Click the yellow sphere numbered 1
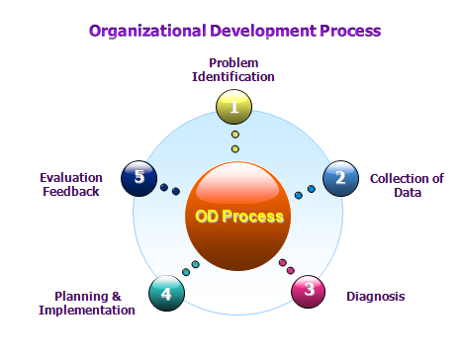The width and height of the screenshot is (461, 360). coord(234,104)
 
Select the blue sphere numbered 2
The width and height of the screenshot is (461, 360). coord(340,178)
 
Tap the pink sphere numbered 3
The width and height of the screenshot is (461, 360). coord(309,290)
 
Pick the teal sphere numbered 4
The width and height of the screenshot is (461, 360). coord(165,293)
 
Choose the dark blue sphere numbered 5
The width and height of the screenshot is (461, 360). coord(138,178)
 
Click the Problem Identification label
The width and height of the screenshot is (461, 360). coord(234,69)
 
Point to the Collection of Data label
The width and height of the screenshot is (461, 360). coord(406,185)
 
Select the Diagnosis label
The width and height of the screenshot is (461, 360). coord(375,296)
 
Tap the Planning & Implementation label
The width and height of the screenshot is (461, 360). coord(87,303)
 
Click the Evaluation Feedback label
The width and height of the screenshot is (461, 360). coord(71,185)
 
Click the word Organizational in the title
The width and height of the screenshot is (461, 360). coord(145,30)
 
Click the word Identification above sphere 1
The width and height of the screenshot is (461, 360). coord(234,76)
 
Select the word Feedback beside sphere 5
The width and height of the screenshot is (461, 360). coord(71,192)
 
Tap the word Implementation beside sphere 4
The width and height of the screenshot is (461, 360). coord(87,310)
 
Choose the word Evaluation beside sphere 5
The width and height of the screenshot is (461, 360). coord(71,178)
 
